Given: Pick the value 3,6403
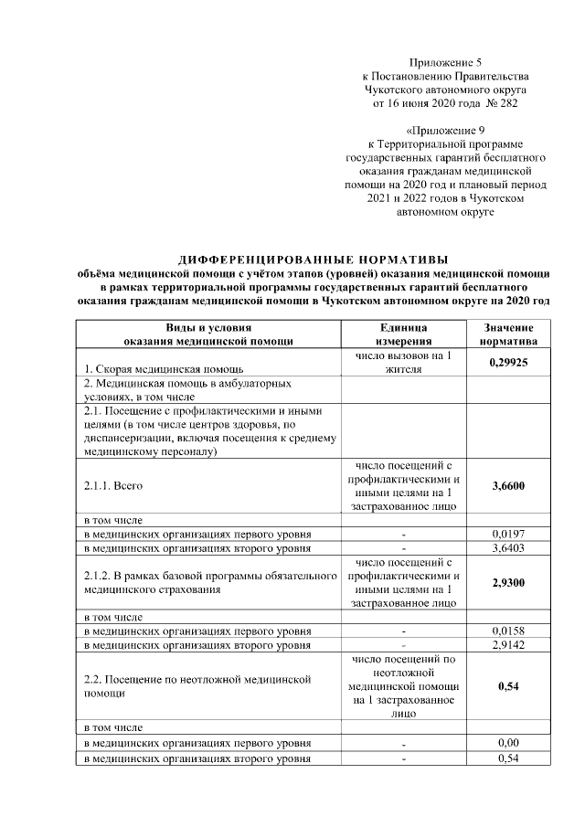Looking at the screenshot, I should [x=508, y=548].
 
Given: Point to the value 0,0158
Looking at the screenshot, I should [x=508, y=631].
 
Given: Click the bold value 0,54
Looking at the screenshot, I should [x=508, y=686].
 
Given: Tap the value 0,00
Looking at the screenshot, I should [x=508, y=743].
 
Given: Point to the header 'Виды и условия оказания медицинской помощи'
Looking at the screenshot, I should [x=208, y=334].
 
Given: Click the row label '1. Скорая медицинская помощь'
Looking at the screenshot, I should [x=152, y=369].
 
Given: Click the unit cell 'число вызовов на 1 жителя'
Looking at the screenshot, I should [x=403, y=362].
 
